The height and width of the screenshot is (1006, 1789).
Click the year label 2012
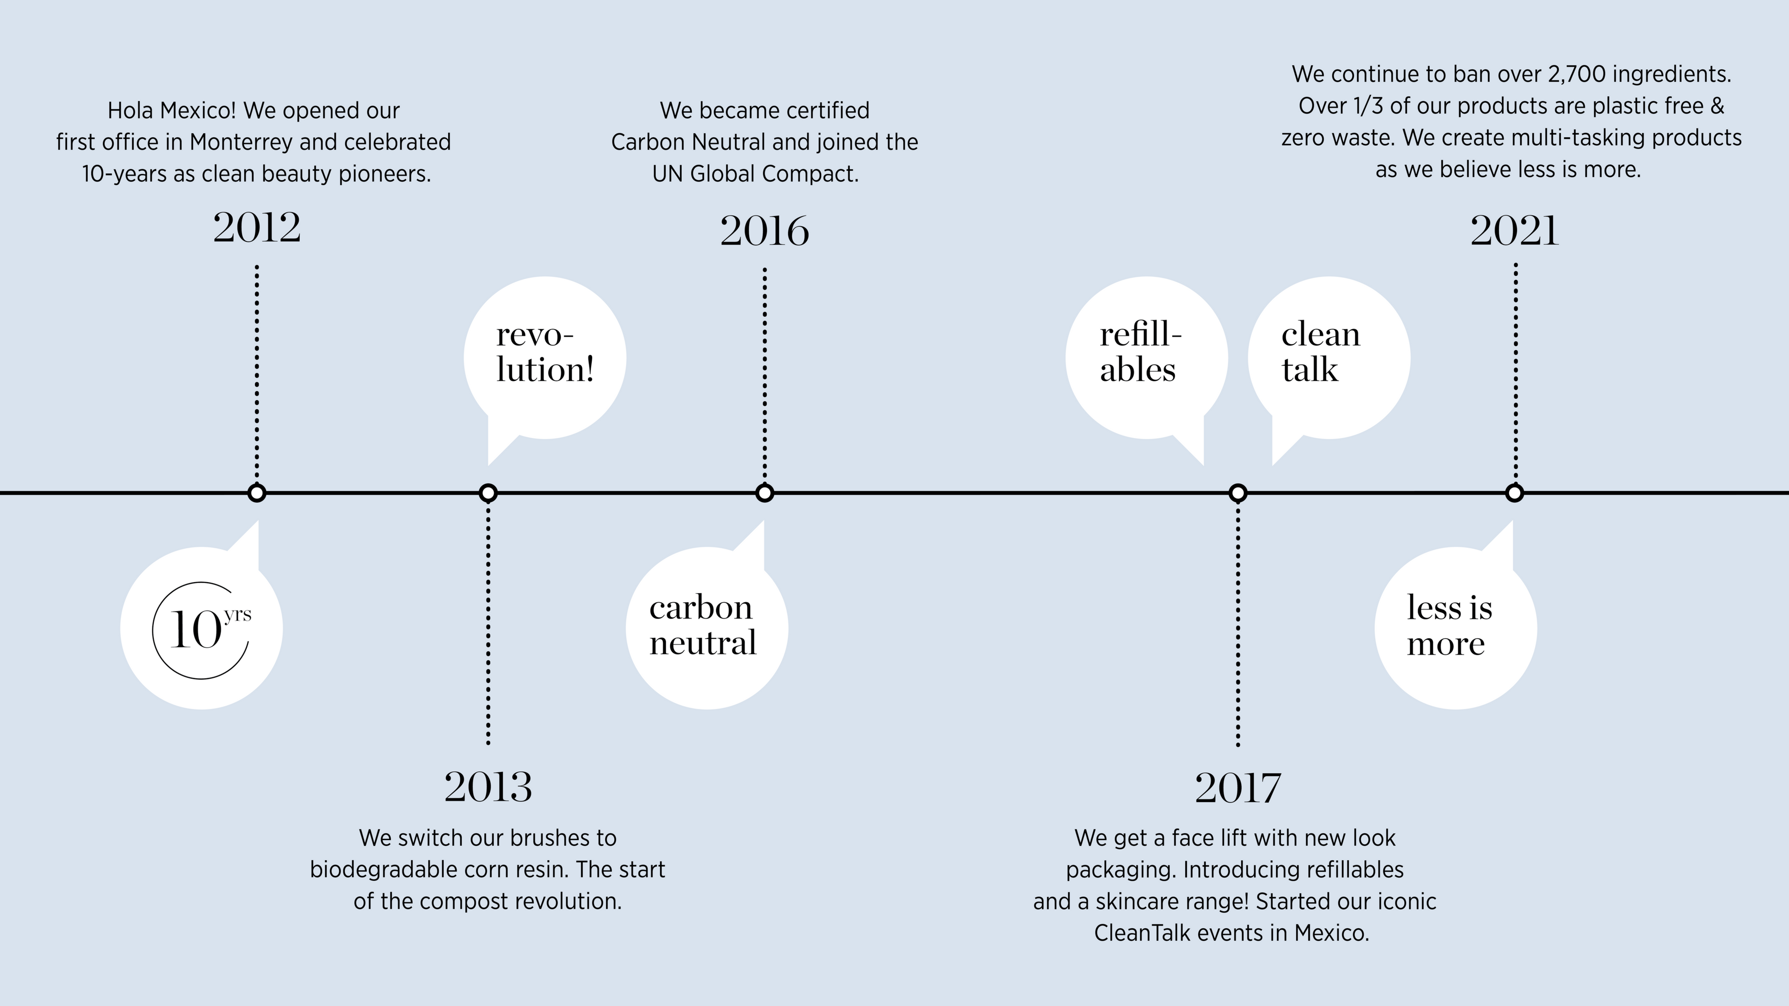[257, 228]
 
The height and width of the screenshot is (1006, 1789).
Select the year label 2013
[488, 787]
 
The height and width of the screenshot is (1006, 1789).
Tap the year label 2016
[765, 231]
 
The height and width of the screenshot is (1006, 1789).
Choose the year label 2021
[1515, 231]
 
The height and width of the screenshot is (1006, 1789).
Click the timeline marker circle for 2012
[257, 493]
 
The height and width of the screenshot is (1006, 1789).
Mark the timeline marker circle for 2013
[488, 493]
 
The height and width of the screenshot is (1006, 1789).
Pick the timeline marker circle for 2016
[765, 493]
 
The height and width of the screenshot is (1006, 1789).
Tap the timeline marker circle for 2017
[1237, 493]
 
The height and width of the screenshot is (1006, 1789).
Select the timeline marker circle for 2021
[1515, 493]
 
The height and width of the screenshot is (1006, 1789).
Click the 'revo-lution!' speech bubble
[545, 358]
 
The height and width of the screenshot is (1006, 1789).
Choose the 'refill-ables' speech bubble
[1147, 358]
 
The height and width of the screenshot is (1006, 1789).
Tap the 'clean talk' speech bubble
[1329, 358]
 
